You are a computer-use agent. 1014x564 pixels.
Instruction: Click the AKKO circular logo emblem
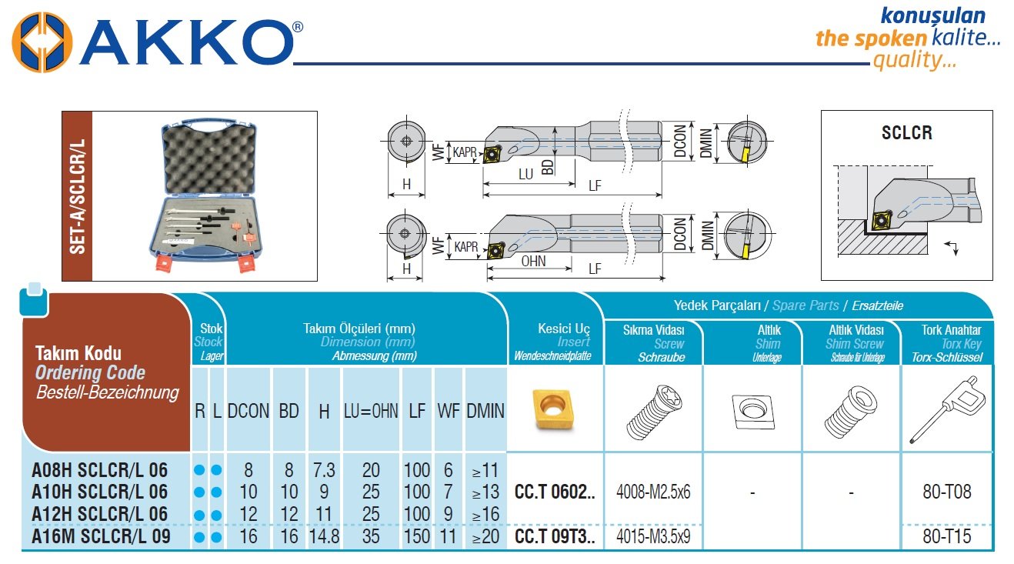coord(42,42)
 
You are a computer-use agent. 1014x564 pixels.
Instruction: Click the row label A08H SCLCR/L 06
coord(99,470)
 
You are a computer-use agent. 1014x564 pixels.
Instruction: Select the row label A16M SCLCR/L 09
coord(101,536)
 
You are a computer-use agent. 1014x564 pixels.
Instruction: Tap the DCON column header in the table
coord(248,411)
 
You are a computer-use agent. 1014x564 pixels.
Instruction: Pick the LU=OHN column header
coord(371,411)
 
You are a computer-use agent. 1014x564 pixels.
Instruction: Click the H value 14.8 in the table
coord(324,536)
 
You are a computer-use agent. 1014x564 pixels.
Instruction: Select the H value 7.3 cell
coord(324,470)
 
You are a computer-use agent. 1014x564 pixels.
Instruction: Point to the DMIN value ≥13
coord(485,492)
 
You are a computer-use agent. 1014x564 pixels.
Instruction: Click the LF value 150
coord(416,536)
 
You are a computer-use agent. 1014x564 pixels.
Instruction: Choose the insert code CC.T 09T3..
coord(555,536)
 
